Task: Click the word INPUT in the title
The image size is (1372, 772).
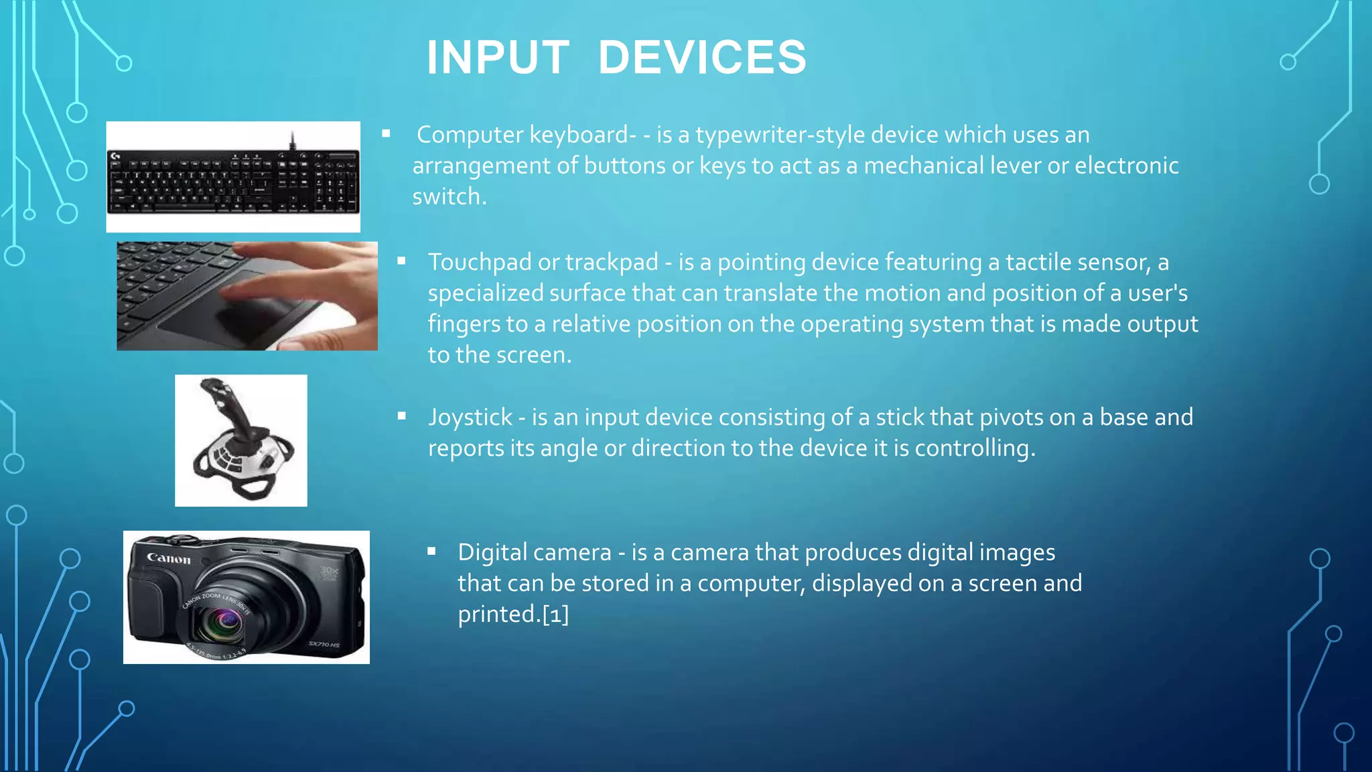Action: pos(498,58)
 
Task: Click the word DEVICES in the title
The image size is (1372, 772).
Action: pos(702,58)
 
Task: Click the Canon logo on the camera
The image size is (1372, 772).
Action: pos(169,558)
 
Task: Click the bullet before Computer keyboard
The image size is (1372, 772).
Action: pos(386,134)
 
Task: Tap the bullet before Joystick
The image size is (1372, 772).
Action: pos(401,416)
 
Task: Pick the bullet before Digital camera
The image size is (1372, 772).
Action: pos(431,552)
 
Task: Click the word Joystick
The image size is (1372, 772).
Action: pos(470,417)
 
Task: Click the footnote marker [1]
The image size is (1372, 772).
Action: pos(555,614)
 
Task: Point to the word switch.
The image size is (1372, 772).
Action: pos(447,197)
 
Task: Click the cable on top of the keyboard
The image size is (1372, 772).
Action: pos(292,141)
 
